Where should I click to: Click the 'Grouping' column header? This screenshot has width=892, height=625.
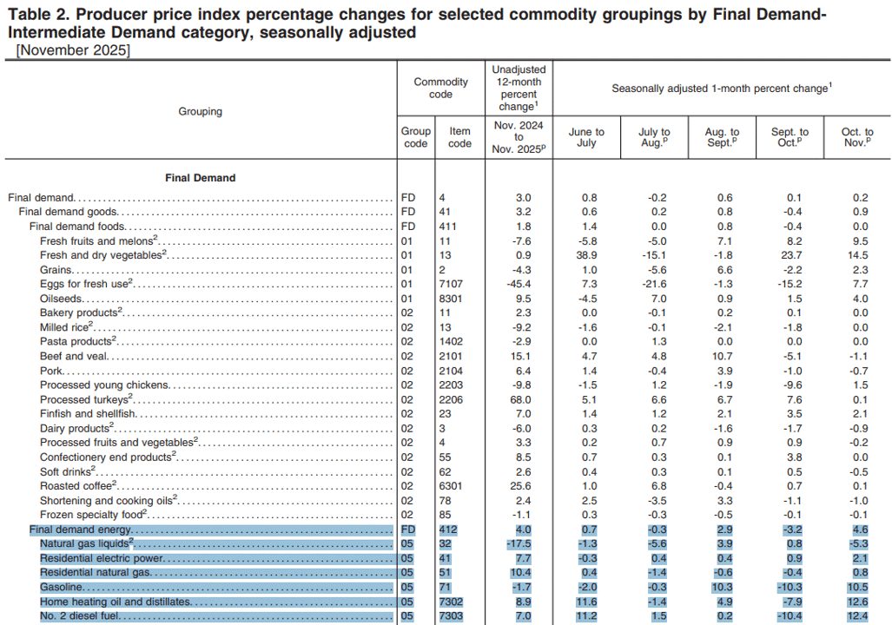coord(201,111)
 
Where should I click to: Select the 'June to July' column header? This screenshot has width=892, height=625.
coord(586,137)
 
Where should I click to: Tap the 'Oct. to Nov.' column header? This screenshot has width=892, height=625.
coord(857,137)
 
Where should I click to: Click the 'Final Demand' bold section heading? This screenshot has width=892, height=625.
coord(201,178)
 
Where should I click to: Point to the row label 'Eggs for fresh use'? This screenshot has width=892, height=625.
coord(86,284)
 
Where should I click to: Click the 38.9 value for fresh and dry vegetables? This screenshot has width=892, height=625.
coord(586,255)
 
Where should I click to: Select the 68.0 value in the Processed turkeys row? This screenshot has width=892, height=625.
coord(520,400)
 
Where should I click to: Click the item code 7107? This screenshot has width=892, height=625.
coord(451,284)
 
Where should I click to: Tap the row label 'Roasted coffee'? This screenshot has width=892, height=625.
coord(78,485)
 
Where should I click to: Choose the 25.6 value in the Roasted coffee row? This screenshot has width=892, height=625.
coord(520,486)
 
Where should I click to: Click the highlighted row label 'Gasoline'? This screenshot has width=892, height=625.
coord(62,587)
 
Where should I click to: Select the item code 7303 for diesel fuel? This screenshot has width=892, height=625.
coord(451,616)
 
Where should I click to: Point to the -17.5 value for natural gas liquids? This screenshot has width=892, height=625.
coord(519,543)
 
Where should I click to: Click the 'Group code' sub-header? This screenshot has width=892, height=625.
coord(416,137)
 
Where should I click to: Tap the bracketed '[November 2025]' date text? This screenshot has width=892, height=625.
coord(73,50)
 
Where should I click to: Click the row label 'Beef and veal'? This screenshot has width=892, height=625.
coord(73,356)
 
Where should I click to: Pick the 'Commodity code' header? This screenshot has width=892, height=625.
coord(441,89)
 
